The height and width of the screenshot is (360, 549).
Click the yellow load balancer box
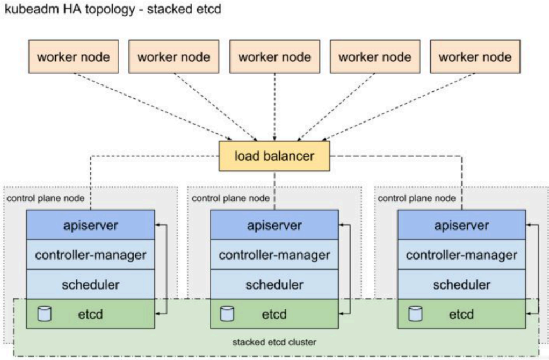click(274, 156)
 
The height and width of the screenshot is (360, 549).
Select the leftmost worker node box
click(74, 56)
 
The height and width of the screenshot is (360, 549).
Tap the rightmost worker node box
click(475, 56)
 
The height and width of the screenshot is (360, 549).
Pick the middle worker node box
click(274, 56)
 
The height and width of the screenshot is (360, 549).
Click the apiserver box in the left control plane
click(91, 225)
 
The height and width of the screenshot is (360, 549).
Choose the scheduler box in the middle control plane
click(274, 284)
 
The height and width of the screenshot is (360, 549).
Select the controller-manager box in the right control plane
click(461, 255)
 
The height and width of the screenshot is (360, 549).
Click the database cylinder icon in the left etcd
click(45, 314)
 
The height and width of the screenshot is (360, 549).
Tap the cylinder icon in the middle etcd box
click(227, 314)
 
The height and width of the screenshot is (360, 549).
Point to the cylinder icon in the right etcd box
click(416, 314)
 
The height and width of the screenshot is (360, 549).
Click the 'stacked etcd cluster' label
click(274, 342)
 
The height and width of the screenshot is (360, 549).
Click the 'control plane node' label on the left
click(46, 199)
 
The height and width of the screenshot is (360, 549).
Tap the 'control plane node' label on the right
click(417, 199)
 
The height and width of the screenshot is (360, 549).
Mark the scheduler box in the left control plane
click(91, 284)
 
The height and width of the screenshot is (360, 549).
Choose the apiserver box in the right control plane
click(461, 225)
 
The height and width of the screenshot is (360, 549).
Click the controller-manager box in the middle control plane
click(274, 255)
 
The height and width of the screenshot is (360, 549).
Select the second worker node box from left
click(174, 56)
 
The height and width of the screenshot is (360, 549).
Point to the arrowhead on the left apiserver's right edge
click(157, 225)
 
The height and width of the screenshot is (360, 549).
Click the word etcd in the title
click(208, 9)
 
